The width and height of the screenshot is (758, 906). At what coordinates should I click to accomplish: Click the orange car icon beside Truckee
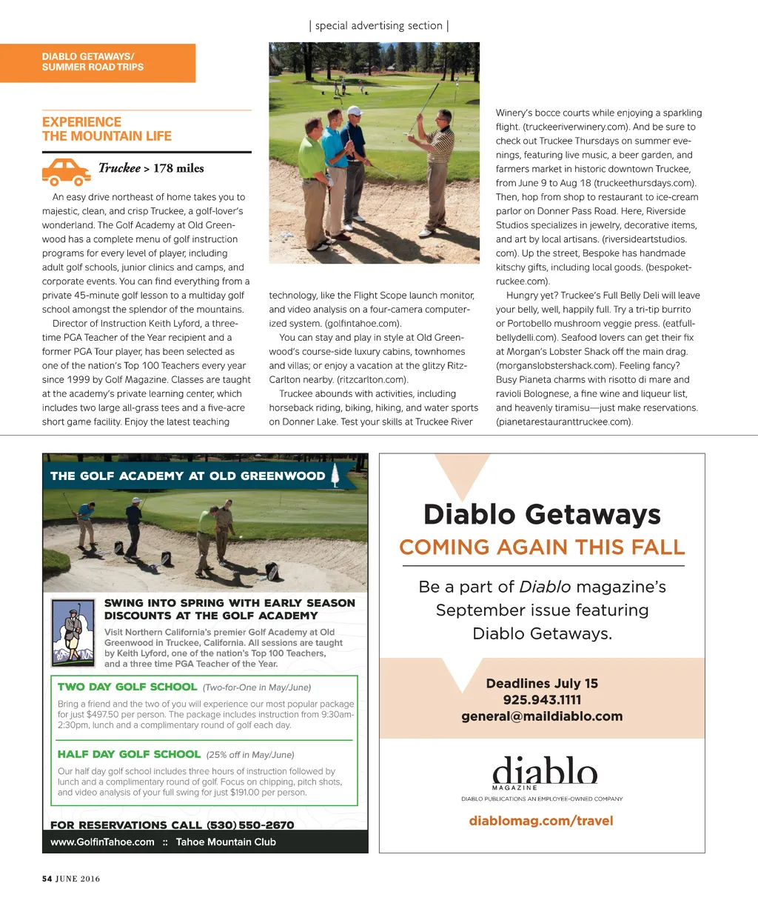click(x=67, y=171)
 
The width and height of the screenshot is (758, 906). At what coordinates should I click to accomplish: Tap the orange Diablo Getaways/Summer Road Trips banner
click(x=98, y=62)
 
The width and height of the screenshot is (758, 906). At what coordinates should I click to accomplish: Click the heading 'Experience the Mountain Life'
click(x=107, y=129)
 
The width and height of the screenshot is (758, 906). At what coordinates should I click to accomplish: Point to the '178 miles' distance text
click(x=178, y=168)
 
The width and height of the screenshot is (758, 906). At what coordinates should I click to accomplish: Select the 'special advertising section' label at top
click(x=378, y=25)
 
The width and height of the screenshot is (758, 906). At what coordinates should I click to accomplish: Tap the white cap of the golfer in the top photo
click(x=355, y=111)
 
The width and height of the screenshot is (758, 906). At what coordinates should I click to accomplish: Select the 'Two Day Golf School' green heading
click(x=127, y=687)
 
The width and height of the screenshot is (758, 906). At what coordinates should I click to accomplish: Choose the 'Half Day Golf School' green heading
click(x=129, y=754)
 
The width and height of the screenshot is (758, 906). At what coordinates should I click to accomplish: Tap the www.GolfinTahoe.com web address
click(x=102, y=842)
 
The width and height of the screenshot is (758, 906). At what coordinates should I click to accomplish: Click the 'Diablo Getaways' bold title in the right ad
click(x=542, y=514)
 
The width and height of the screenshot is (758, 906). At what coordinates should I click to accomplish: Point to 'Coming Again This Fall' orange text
click(x=542, y=547)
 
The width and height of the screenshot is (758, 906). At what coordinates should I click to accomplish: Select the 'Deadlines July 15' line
click(x=542, y=683)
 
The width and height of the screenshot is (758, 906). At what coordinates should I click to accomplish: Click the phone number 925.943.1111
click(x=542, y=699)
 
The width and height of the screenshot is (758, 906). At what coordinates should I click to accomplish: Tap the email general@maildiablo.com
click(x=542, y=716)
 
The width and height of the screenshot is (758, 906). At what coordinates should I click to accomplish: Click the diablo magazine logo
click(x=544, y=772)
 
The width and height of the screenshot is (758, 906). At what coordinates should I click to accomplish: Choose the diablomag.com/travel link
click(x=541, y=821)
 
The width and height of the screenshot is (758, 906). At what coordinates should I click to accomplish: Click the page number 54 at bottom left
click(x=47, y=879)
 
